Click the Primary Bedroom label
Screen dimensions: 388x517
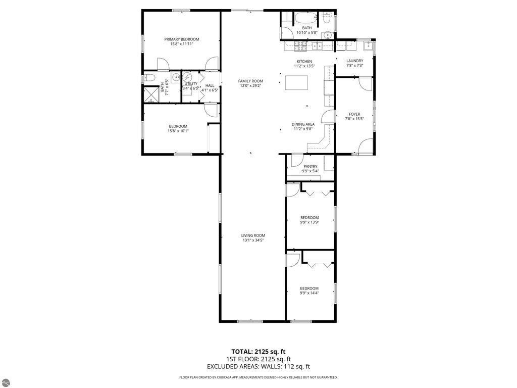coord(182,39)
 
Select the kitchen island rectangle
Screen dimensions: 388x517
coord(297,82)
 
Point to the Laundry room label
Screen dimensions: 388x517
coord(354,61)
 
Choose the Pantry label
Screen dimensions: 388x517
coord(310,166)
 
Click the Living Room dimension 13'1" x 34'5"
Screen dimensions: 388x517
coord(253,240)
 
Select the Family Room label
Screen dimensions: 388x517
coord(251,81)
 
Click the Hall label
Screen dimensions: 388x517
coord(210,85)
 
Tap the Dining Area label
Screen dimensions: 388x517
coord(303,124)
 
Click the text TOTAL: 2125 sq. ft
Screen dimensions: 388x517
coord(258,352)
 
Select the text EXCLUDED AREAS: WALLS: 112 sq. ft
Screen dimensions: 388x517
coord(258,367)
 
